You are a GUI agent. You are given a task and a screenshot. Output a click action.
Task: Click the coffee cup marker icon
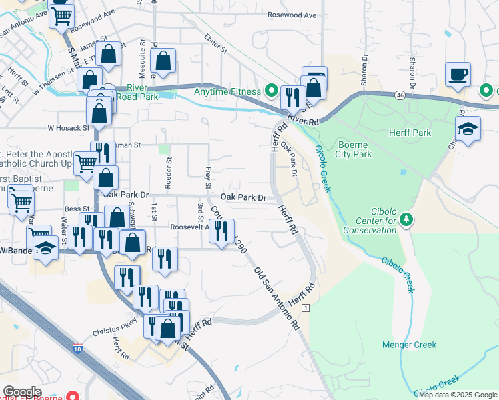point(458,75)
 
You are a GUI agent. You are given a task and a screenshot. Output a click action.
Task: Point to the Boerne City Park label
point(353,149)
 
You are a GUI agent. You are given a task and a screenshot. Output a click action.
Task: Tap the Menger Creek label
point(409,345)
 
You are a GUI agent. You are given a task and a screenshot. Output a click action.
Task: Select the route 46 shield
point(399,95)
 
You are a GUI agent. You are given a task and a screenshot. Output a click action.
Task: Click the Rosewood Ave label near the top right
point(291,14)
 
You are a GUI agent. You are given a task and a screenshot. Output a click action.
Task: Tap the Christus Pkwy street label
point(115,321)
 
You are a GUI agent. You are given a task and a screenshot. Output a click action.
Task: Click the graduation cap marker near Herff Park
point(468,129)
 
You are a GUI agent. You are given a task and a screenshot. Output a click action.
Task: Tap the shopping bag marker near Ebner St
point(163,61)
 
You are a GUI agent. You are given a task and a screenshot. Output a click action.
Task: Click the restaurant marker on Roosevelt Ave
point(221,231)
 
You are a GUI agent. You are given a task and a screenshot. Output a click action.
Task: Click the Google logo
point(22,392)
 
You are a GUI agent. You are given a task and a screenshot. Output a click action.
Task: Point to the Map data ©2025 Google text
point(458,394)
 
